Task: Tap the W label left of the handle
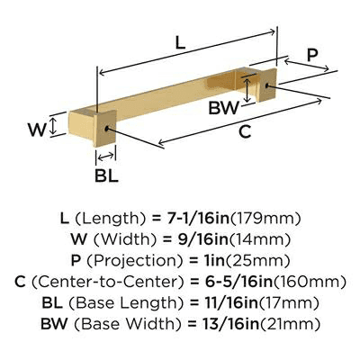click(x=36, y=129)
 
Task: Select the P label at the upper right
click(x=312, y=56)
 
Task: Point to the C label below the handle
click(x=244, y=131)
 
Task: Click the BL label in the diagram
click(x=106, y=175)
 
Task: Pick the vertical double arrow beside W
click(x=56, y=124)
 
